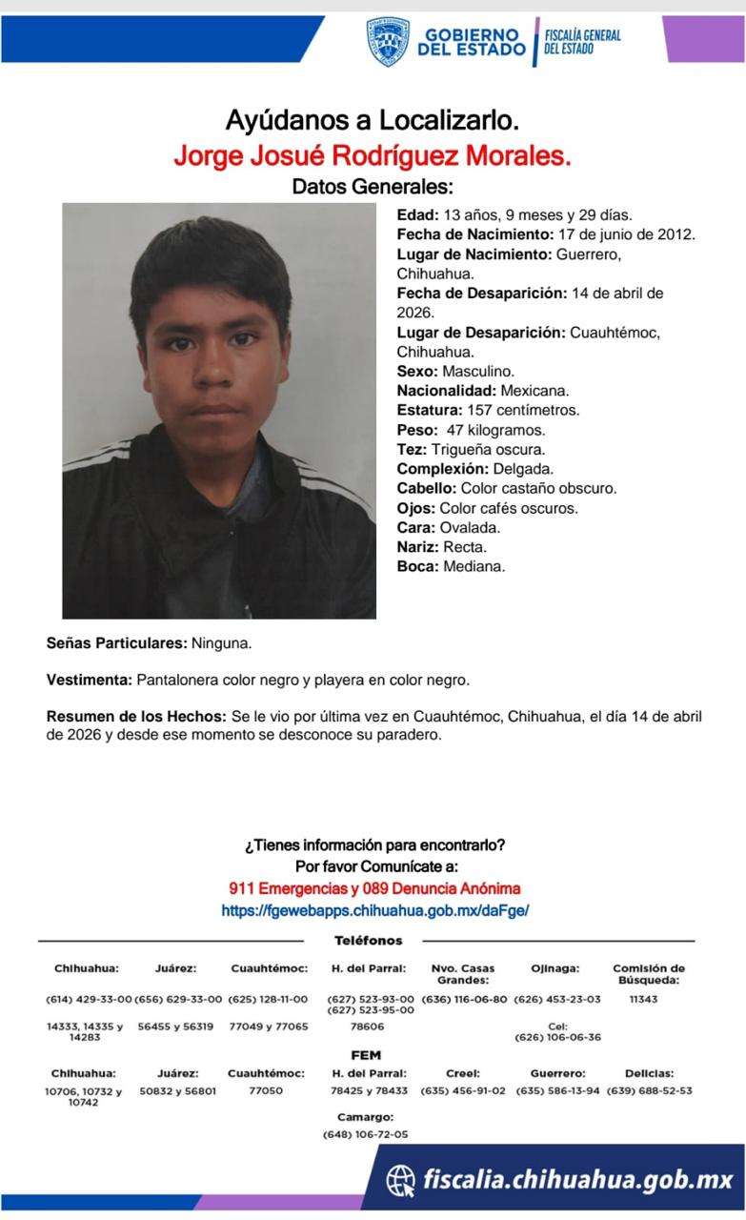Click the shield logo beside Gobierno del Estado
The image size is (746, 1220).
(x=388, y=42)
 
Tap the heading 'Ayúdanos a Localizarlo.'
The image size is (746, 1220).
(x=373, y=121)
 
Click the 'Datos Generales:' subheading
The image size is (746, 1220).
(x=373, y=186)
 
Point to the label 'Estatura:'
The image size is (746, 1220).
(x=429, y=410)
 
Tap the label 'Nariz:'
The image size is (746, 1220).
(x=416, y=547)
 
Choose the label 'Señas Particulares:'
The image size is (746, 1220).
(x=116, y=643)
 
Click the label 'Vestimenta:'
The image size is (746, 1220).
(x=90, y=681)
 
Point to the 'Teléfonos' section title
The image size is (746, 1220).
(x=368, y=941)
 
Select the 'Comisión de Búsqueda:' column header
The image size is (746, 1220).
(x=648, y=973)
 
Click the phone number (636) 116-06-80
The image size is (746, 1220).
(x=464, y=999)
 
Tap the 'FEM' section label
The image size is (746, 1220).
(x=366, y=1055)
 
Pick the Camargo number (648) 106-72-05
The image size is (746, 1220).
(x=365, y=1134)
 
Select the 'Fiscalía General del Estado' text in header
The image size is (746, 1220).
(x=582, y=42)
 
